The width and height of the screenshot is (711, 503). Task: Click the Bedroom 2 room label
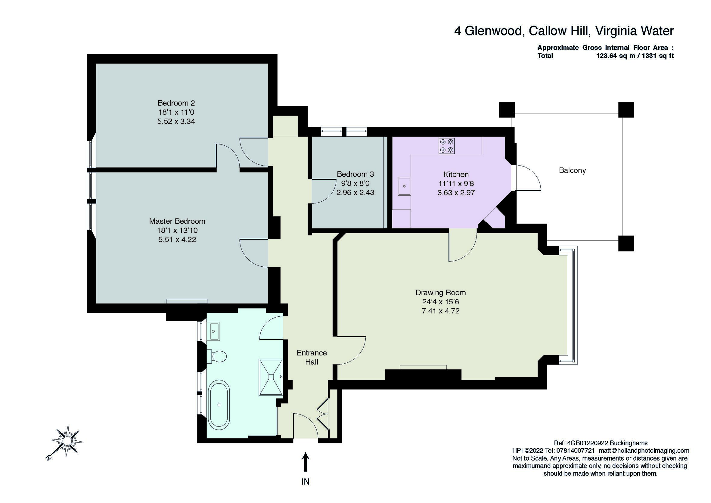[176, 103]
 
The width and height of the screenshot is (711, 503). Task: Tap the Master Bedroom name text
[177, 221]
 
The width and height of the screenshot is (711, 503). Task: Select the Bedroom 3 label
[355, 174]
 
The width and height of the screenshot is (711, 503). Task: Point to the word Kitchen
[456, 174]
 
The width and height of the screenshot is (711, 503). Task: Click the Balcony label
[572, 170]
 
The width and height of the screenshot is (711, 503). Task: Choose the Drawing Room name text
[441, 293]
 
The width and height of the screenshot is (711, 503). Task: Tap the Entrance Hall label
[312, 357]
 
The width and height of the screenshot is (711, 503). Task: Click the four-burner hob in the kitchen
[446, 146]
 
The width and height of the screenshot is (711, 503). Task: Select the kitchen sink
[405, 186]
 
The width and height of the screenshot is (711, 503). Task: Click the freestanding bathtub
[219, 405]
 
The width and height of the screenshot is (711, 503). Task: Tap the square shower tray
[271, 377]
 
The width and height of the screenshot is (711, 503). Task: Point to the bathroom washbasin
[213, 331]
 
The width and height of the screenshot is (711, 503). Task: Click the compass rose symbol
[66, 441]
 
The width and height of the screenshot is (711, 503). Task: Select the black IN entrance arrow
[306, 462]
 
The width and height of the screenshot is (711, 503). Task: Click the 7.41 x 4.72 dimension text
[441, 311]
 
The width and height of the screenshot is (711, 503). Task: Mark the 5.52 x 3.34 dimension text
[176, 121]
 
